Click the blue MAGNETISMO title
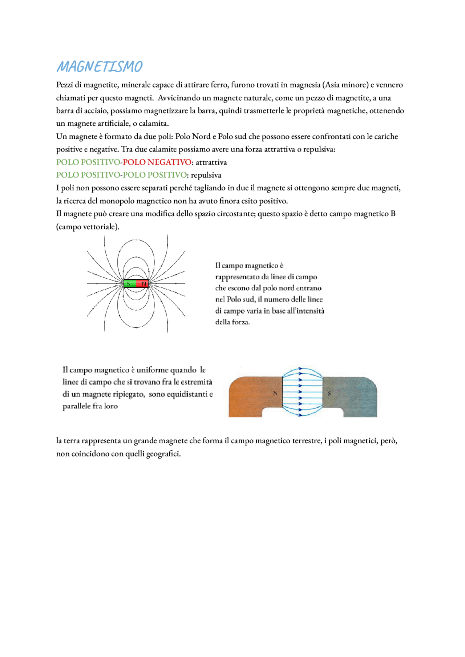pyautogui.click(x=100, y=67)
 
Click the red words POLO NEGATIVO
pyautogui.click(x=157, y=162)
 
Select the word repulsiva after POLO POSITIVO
pyautogui.click(x=206, y=175)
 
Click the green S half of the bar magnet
pyautogui.click(x=129, y=283)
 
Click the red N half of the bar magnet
pyautogui.click(x=143, y=283)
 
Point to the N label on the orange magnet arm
pyautogui.click(x=275, y=393)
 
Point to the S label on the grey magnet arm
pyautogui.click(x=329, y=393)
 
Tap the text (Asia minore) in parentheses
pyautogui.click(x=345, y=85)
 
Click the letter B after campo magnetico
pyautogui.click(x=393, y=214)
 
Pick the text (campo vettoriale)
pyautogui.click(x=88, y=227)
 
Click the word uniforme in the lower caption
pyautogui.click(x=153, y=370)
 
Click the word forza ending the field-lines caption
pyautogui.click(x=240, y=322)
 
